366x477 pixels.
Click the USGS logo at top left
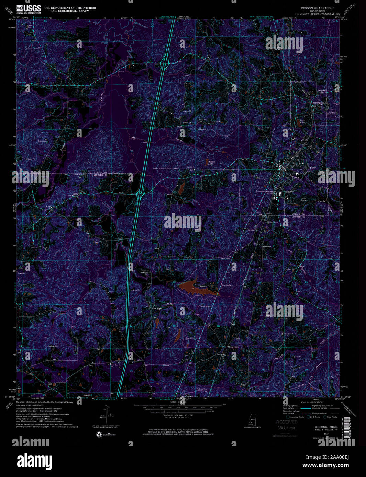[29, 9]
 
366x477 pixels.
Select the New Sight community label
[157, 309]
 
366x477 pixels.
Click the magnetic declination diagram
[105, 415]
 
